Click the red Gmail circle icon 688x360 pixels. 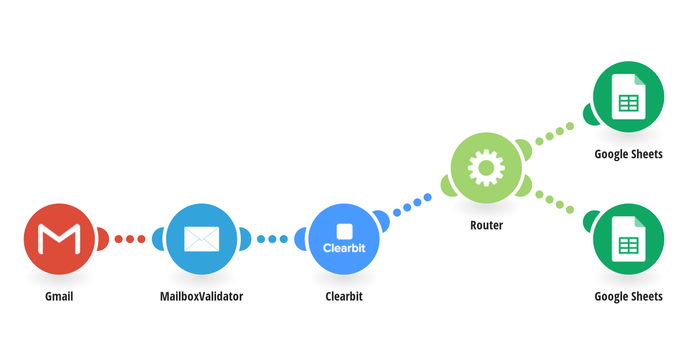point(59,239)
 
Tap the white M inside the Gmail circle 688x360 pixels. point(59,239)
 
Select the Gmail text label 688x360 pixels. point(59,297)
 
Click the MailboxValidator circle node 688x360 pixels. point(201,239)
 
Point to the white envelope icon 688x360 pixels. point(201,239)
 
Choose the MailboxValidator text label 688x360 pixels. point(201,297)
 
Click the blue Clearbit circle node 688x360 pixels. point(344,239)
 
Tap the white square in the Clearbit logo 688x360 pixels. point(345,231)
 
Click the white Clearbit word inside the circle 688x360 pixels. point(344,248)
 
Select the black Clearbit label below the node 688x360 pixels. point(344,297)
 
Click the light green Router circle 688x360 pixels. point(486,168)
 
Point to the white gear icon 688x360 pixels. point(486,168)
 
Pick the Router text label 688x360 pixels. point(487,225)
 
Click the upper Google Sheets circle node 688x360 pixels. point(628,97)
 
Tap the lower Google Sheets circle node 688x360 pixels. point(628,239)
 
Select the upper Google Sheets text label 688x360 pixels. point(628,154)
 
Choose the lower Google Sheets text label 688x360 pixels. point(628,297)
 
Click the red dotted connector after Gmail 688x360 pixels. point(130,239)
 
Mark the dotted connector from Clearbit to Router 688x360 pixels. point(412,205)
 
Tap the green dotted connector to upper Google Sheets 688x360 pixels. point(555,134)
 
